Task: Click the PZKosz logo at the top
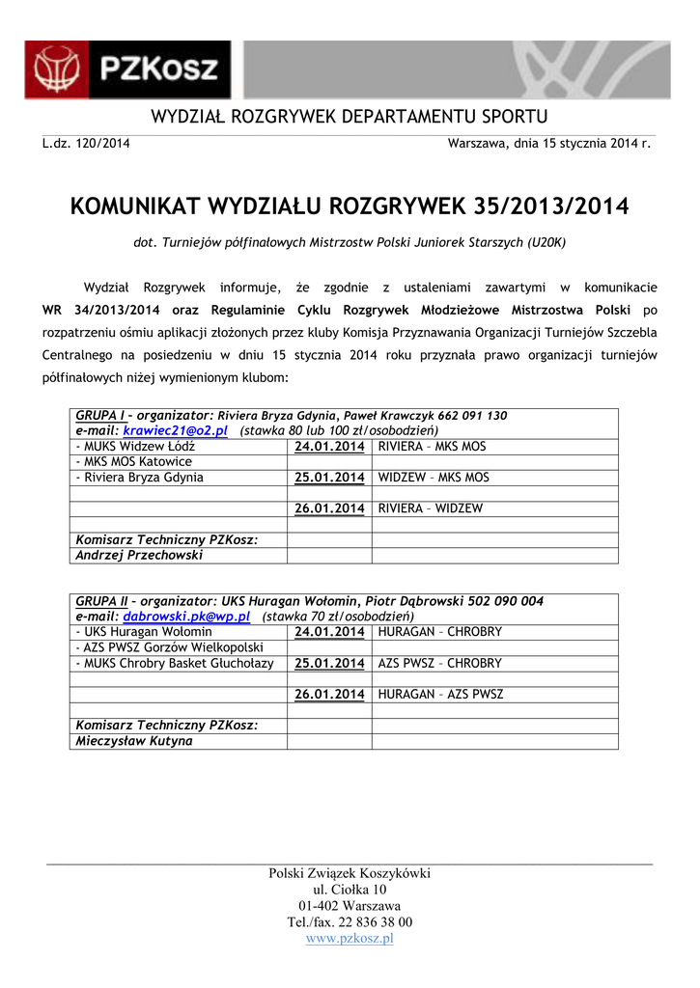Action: [x=128, y=69]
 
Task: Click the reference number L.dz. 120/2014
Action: [x=86, y=144]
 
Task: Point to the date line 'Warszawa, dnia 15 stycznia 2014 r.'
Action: [x=549, y=144]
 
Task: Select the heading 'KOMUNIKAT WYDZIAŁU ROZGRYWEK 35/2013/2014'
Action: [x=350, y=206]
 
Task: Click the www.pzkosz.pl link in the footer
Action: [x=350, y=938]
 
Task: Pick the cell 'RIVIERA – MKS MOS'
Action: [x=432, y=447]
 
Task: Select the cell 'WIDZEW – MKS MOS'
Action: [x=434, y=478]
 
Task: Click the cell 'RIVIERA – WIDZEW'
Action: [x=431, y=508]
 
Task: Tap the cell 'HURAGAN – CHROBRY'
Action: [x=439, y=632]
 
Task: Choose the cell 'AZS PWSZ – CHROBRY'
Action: [x=439, y=664]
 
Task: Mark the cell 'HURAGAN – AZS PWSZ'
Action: [x=440, y=695]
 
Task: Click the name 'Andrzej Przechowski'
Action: [x=139, y=556]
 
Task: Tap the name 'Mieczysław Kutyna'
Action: [x=134, y=741]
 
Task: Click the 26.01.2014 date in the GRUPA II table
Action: [x=329, y=695]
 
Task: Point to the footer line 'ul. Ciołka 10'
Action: [x=350, y=890]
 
